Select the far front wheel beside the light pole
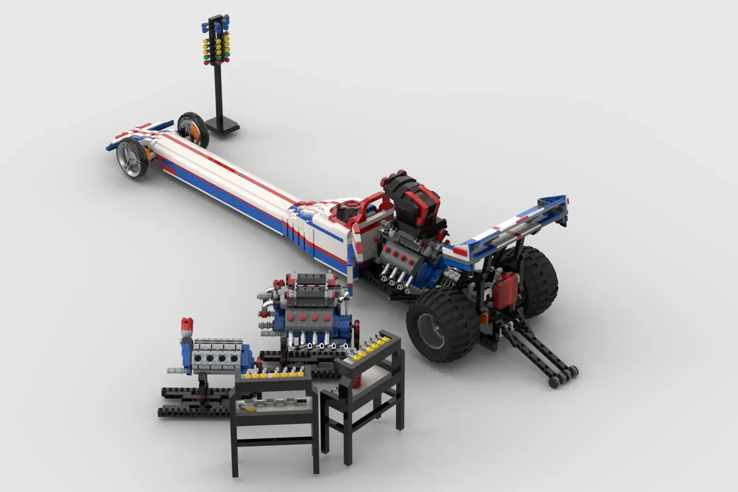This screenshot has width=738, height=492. (192, 127)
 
